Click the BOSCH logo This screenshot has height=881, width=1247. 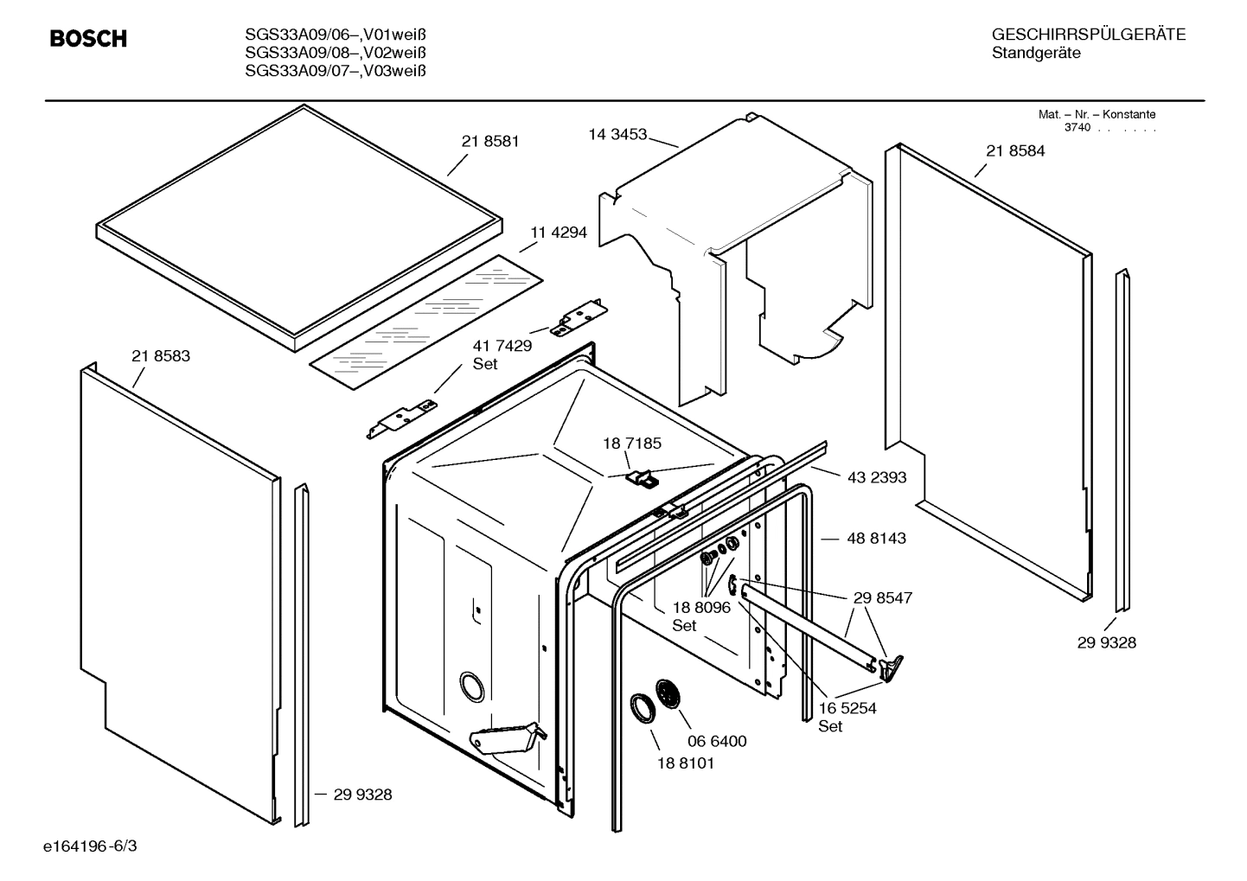[x=88, y=39]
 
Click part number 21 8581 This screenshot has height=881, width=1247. [x=490, y=141]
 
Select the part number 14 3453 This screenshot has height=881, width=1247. [x=617, y=134]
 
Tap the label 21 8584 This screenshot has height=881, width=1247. [x=1015, y=150]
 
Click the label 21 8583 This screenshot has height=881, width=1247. [x=161, y=355]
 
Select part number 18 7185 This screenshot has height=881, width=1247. [x=632, y=444]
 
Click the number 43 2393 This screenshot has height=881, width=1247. [x=877, y=477]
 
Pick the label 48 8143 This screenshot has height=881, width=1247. [x=877, y=538]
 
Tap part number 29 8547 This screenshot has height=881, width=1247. [x=883, y=597]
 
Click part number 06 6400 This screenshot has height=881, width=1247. [x=717, y=741]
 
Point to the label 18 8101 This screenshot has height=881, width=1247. [x=686, y=763]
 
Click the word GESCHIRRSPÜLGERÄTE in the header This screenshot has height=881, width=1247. [x=1089, y=35]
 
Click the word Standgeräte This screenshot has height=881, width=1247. [x=1036, y=53]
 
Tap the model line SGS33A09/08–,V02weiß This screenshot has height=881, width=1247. [x=336, y=53]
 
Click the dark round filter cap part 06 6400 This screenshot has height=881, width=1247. [x=668, y=693]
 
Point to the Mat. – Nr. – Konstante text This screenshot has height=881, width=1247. [x=1097, y=114]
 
